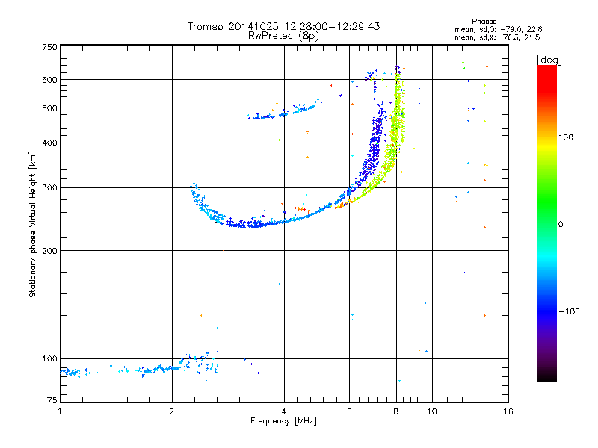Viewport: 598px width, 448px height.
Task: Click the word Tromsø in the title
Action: pos(206,26)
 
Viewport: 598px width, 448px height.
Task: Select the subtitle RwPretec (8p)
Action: pos(283,36)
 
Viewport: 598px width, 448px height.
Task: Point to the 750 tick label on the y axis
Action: pos(50,47)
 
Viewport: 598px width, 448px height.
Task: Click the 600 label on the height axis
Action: pos(50,80)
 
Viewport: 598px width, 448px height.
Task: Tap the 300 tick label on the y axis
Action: pos(50,187)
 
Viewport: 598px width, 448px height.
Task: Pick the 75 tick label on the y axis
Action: pos(52,400)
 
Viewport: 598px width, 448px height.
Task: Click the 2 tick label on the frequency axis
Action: pos(172,411)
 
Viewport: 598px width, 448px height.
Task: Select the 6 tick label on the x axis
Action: pos(349,411)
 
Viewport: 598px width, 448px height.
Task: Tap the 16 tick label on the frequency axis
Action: pos(508,411)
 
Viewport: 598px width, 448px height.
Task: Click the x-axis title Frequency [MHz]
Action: pos(283,421)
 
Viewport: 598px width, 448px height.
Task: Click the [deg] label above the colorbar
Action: pos(549,60)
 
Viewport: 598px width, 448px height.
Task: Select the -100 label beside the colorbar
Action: pos(569,311)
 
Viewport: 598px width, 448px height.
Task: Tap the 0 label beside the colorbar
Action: pos(561,225)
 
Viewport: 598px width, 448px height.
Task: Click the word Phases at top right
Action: pos(484,22)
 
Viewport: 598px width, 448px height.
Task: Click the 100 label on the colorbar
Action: pos(566,137)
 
